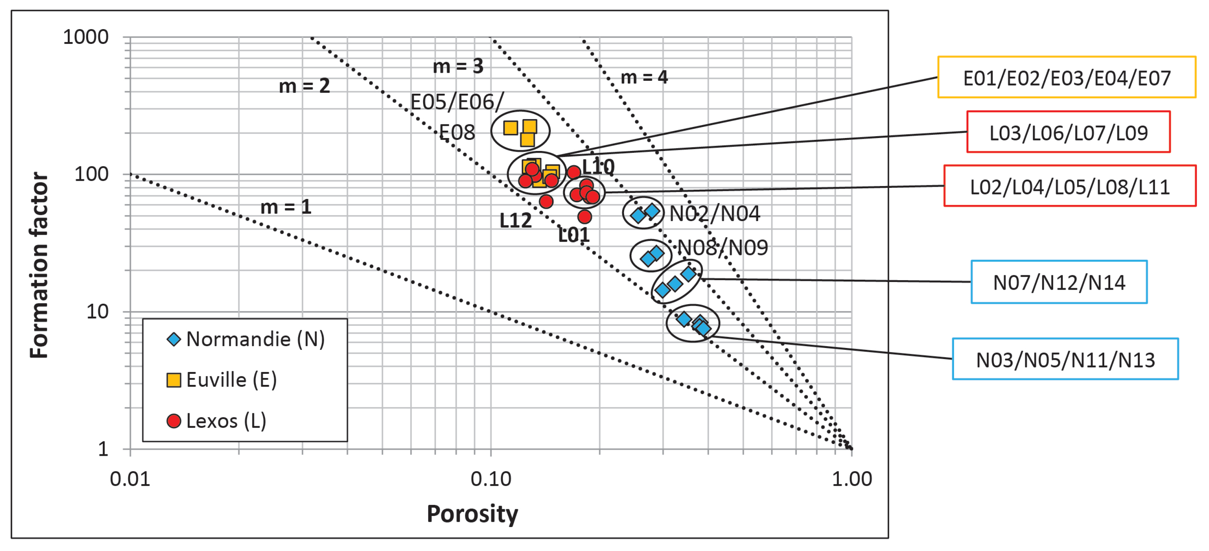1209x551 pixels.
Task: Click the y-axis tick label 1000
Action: pyautogui.click(x=86, y=37)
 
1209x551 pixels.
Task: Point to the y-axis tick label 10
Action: pyautogui.click(x=97, y=312)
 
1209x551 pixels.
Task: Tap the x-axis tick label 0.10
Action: pyautogui.click(x=491, y=479)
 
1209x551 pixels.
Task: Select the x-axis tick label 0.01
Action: pyautogui.click(x=130, y=479)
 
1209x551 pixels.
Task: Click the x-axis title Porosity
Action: pyautogui.click(x=472, y=514)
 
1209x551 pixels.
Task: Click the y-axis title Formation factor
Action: pyautogui.click(x=39, y=265)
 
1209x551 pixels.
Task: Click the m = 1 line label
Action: pyautogui.click(x=286, y=207)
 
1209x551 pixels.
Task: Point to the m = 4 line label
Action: pyautogui.click(x=644, y=78)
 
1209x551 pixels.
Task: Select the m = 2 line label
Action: pyautogui.click(x=304, y=86)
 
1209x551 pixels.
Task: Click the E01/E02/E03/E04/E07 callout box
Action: pyautogui.click(x=1066, y=78)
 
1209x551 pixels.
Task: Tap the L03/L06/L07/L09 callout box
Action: pyautogui.click(x=1068, y=132)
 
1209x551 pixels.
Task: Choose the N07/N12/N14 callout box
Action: pyautogui.click(x=1059, y=282)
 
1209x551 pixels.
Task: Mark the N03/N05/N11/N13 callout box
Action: pyautogui.click(x=1065, y=359)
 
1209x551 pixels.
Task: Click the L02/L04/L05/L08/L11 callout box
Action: pyautogui.click(x=1070, y=186)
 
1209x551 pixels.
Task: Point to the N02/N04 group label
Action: pyautogui.click(x=714, y=214)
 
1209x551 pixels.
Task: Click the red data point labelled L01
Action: pyautogui.click(x=584, y=217)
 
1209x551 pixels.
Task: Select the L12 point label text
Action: pyautogui.click(x=515, y=221)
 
